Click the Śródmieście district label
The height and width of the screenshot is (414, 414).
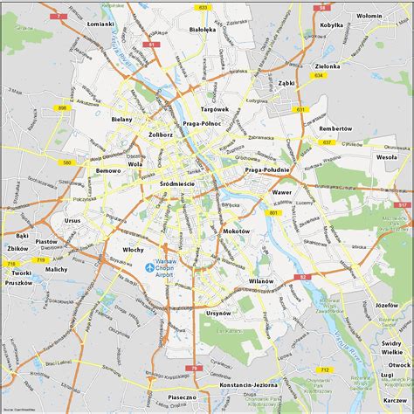[177, 184]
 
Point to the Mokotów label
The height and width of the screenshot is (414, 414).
[236, 230]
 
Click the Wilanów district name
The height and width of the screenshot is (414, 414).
[260, 281]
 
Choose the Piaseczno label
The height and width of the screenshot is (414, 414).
[182, 396]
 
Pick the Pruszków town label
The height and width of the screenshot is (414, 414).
[18, 283]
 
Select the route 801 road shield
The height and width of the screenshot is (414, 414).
[273, 213]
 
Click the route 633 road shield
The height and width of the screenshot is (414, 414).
[204, 7]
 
